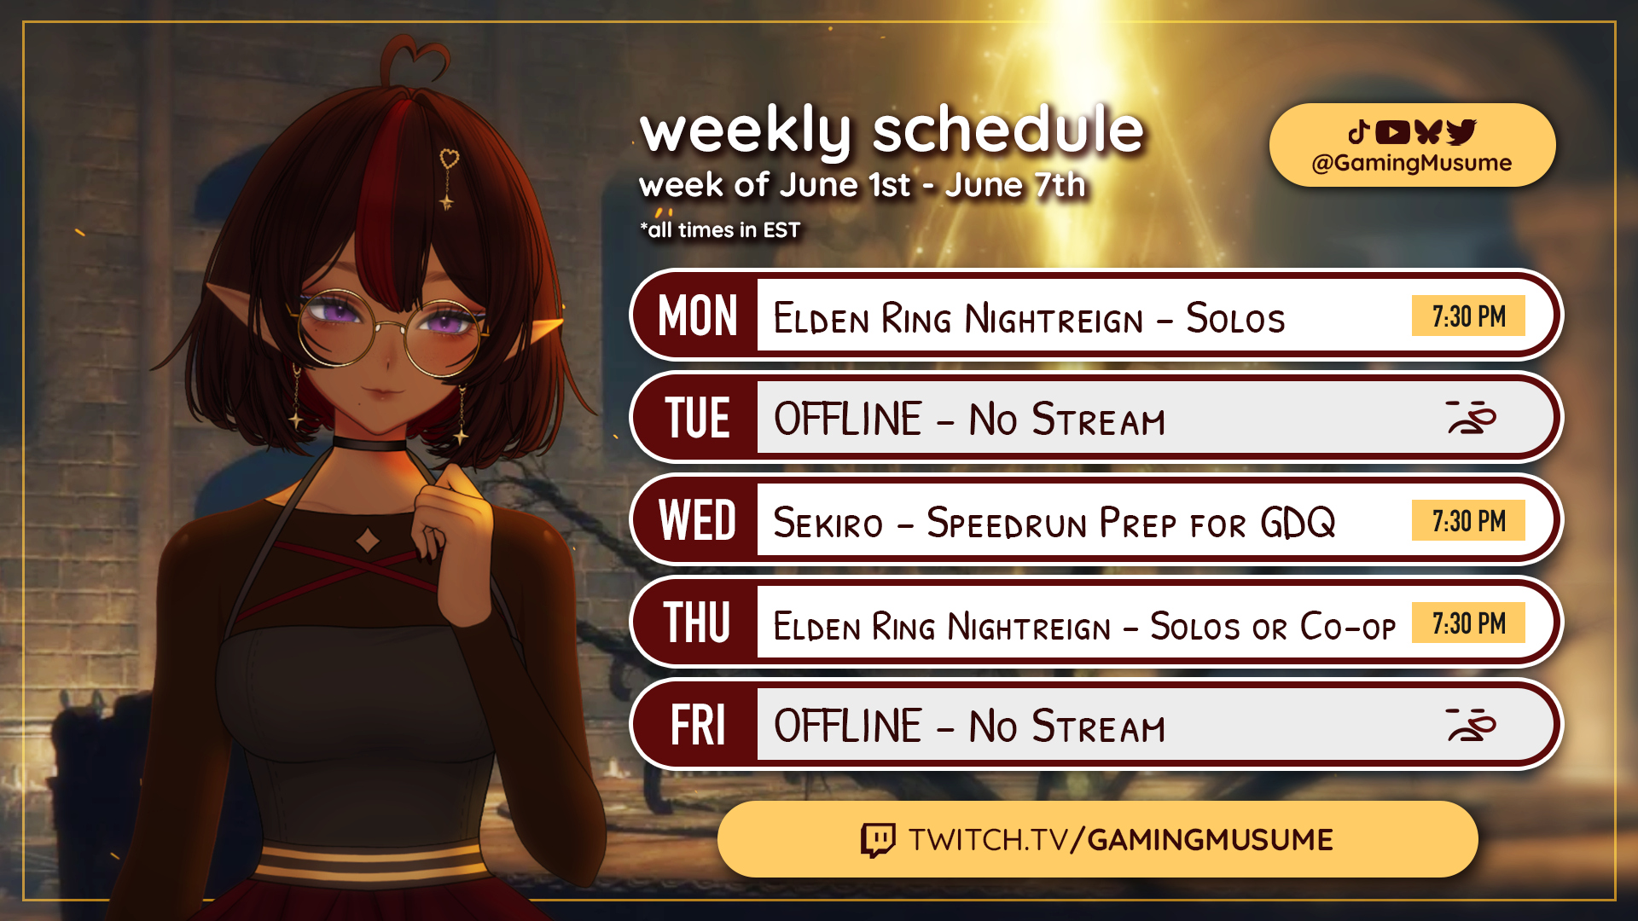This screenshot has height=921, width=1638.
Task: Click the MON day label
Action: point(697,316)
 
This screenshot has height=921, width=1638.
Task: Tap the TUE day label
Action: point(697,418)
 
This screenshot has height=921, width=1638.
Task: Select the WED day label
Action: point(697,520)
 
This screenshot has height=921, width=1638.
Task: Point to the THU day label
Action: point(697,623)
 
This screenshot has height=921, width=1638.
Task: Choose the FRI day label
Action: point(697,725)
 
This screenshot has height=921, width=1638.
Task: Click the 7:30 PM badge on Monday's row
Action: point(1468,316)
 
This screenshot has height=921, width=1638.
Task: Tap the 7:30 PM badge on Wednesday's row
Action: point(1468,520)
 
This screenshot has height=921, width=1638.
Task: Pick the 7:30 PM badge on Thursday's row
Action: point(1468,623)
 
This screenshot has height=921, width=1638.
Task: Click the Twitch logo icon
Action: point(878,840)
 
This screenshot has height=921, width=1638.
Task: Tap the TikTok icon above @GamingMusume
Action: point(1359,131)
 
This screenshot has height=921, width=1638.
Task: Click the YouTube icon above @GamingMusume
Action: point(1392,132)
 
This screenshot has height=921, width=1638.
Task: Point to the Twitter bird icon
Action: point(1461,132)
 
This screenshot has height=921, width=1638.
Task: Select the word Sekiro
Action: point(828,523)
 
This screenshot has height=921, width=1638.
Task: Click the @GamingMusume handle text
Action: point(1412,163)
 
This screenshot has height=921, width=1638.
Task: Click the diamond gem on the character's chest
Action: point(368,540)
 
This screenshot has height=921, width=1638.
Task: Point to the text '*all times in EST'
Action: point(720,230)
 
